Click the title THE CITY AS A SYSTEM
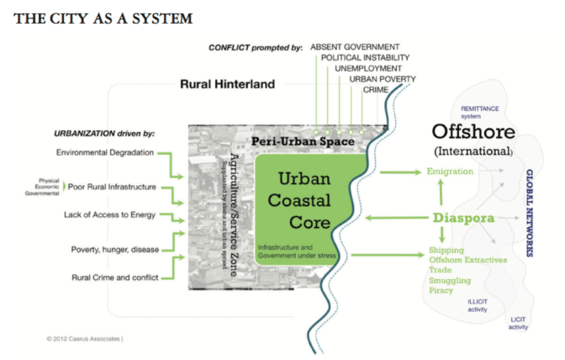pyautogui.click(x=103, y=17)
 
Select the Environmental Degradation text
pyautogui.click(x=106, y=152)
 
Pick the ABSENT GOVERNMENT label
pyautogui.click(x=355, y=46)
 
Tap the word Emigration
pyautogui.click(x=450, y=172)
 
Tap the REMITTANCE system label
pyautogui.click(x=481, y=111)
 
